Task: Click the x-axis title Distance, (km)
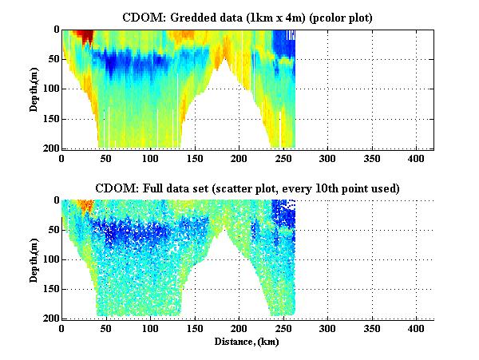click(x=247, y=342)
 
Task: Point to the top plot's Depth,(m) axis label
click(x=35, y=89)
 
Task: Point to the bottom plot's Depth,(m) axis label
click(x=35, y=259)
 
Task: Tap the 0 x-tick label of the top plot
click(x=62, y=159)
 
